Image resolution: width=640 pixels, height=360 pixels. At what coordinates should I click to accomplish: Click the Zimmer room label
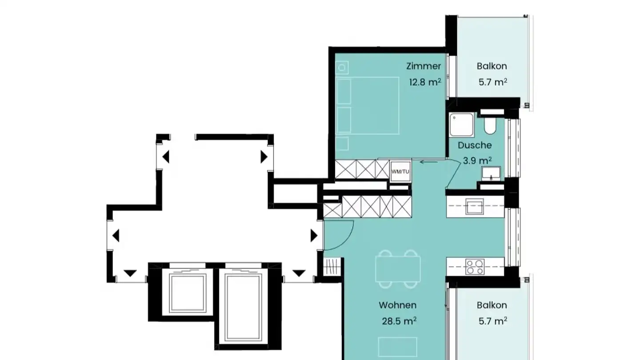coord(424,66)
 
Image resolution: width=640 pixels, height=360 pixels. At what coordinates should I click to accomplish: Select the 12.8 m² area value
coord(425,82)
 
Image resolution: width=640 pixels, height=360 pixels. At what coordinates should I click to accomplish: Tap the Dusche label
coord(475,145)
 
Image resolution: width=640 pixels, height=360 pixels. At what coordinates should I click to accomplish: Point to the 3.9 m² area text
coord(477,160)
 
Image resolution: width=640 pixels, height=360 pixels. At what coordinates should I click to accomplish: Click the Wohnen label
coord(397,305)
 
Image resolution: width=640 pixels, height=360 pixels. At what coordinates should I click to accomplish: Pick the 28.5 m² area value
coord(399,321)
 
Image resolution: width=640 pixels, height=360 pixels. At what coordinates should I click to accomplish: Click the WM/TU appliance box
coord(400,172)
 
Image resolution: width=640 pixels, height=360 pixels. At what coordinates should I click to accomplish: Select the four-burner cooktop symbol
coord(475,267)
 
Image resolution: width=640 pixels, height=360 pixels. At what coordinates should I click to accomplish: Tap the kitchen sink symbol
coord(475,207)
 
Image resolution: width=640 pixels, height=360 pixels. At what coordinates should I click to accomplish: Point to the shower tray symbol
coord(461,124)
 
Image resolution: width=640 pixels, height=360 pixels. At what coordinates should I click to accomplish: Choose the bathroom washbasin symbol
coord(491,173)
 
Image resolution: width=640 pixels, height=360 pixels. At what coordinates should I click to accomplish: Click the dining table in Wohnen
coord(398,269)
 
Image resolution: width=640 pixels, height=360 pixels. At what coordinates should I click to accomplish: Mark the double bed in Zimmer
coord(367,105)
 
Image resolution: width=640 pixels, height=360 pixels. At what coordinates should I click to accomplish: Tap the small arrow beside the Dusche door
coord(428,162)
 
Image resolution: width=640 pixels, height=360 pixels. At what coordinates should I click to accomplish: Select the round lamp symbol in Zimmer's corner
coord(342,68)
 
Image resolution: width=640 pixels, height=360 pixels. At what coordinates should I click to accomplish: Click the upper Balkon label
coord(492,66)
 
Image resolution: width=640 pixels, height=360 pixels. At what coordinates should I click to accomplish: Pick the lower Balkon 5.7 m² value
coord(493,321)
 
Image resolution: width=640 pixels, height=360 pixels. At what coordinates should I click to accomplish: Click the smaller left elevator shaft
coord(188,293)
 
